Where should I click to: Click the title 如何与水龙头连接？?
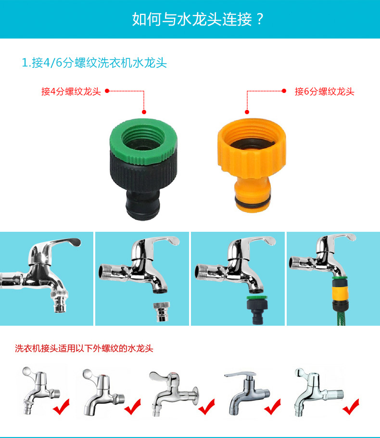(x=199, y=19)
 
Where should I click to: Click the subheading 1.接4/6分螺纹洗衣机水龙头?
(x=94, y=63)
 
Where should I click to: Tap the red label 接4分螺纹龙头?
(x=71, y=92)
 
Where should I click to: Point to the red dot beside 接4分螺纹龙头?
(x=107, y=90)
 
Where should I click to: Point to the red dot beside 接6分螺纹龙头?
(x=284, y=90)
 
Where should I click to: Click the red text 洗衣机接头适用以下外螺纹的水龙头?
(x=84, y=348)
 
